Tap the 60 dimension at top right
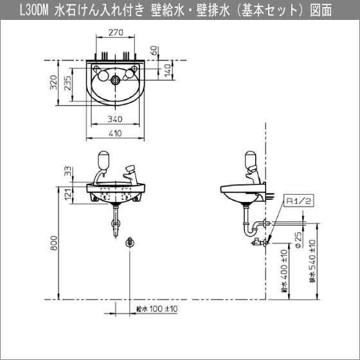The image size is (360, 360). pyautogui.click(x=154, y=50)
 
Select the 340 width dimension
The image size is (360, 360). pyautogui.click(x=116, y=118)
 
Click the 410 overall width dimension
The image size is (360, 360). pyautogui.click(x=116, y=133)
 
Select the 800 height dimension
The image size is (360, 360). pyautogui.click(x=55, y=241)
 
